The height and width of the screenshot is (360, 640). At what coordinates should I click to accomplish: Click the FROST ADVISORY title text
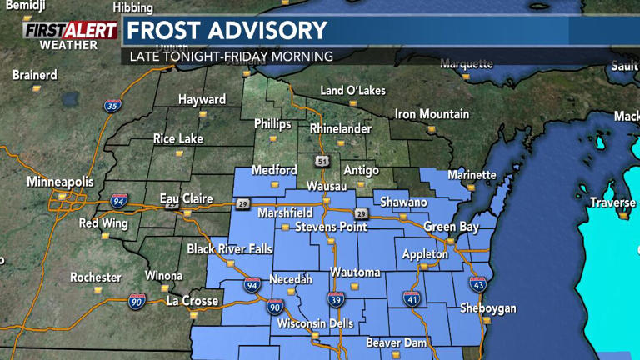227,31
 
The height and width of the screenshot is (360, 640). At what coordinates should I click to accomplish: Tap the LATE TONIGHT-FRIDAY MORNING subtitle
232,57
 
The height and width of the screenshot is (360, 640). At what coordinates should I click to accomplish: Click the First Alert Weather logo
69,34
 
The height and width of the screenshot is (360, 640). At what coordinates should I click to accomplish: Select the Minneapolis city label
61,181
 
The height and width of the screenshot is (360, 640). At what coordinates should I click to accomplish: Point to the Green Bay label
452,225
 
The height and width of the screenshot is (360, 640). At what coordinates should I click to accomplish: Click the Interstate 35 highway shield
112,106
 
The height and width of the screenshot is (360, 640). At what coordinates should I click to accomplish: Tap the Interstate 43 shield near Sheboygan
477,284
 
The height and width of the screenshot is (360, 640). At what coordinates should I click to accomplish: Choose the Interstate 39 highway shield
336,300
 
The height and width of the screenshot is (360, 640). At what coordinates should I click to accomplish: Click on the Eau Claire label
186,199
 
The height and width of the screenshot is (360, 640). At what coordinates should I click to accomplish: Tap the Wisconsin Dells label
315,323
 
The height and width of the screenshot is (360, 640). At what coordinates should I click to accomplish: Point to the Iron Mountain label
427,114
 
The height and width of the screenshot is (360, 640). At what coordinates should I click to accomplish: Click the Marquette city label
466,63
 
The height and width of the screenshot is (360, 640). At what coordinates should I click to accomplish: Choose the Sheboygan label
487,308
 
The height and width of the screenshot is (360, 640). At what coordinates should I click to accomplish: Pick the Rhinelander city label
342,128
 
